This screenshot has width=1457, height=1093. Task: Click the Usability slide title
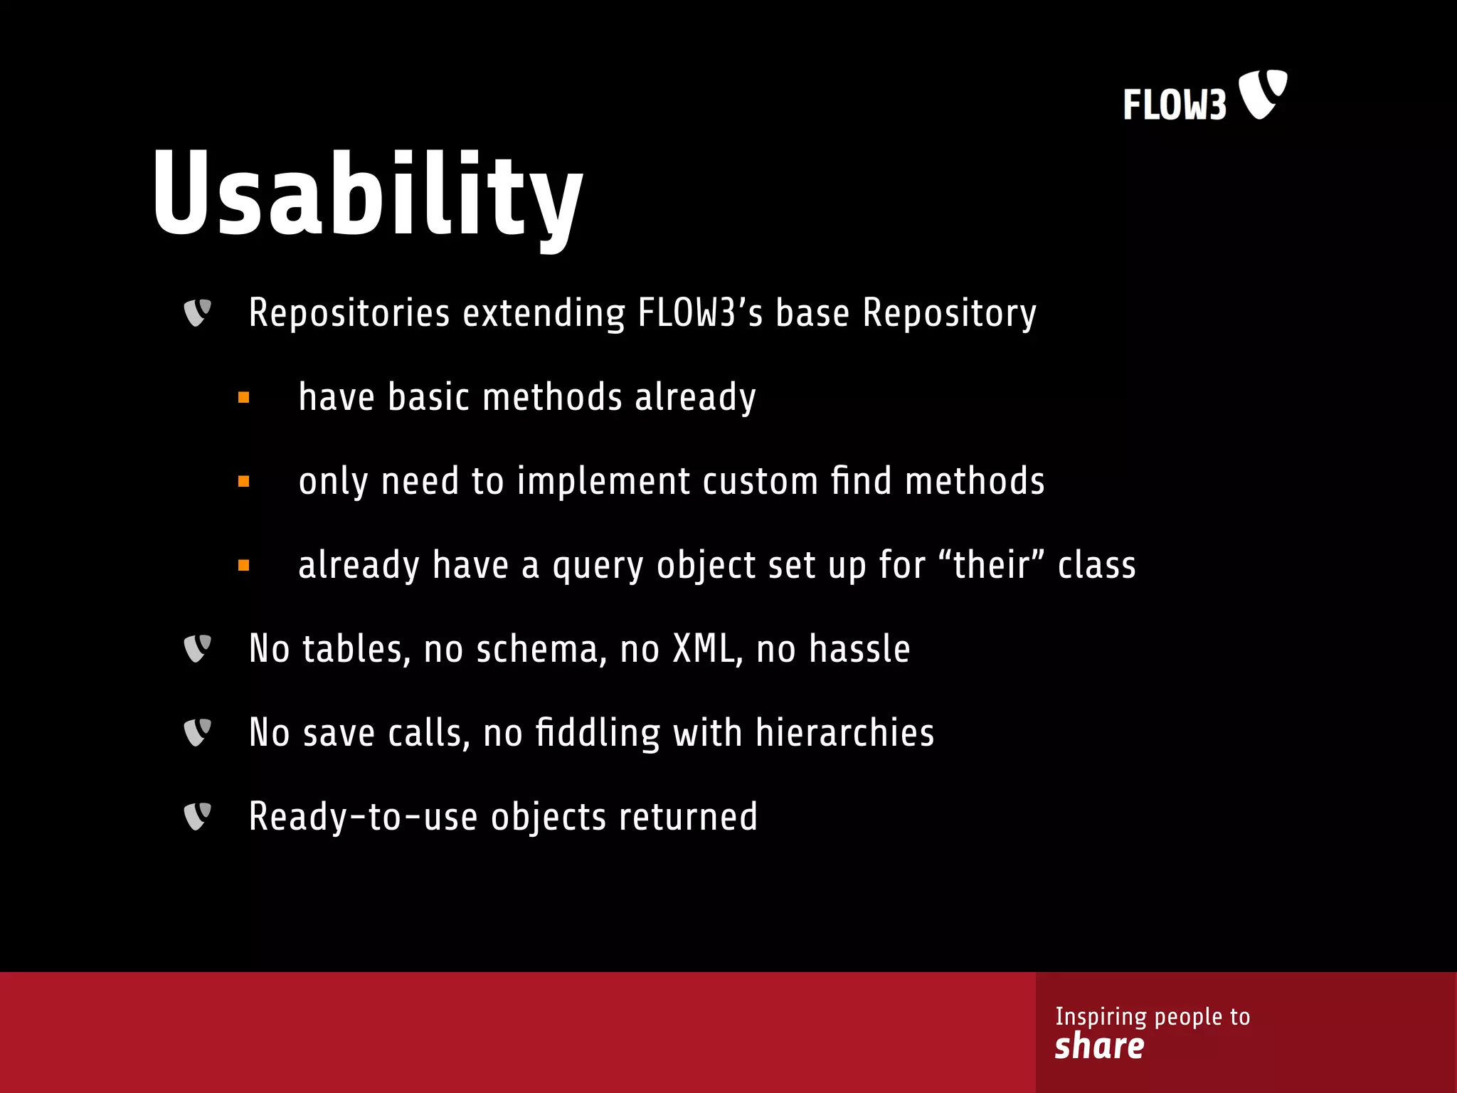click(367, 194)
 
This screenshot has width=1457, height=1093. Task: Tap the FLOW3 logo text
click(1175, 105)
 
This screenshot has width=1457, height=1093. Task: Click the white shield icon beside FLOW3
click(1263, 93)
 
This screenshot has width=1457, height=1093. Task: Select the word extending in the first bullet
click(544, 313)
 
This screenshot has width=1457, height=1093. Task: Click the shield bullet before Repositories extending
click(197, 312)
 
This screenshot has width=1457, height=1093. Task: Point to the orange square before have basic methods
click(244, 398)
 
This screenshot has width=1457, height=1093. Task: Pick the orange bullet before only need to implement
click(244, 482)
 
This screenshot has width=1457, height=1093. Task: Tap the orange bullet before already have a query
click(244, 566)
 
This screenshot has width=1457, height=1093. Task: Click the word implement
click(603, 482)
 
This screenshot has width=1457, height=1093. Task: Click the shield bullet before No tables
click(197, 648)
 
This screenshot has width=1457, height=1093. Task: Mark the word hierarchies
click(844, 733)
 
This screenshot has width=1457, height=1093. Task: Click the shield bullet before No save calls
click(197, 732)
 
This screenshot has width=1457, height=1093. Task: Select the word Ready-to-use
click(363, 817)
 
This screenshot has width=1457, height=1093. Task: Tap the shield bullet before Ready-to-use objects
click(197, 816)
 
